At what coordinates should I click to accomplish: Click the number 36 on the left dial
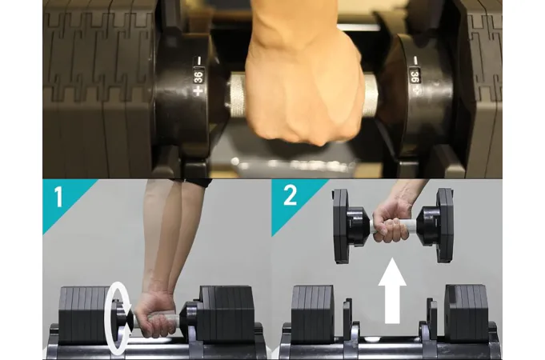198,76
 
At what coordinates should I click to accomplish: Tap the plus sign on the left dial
198,91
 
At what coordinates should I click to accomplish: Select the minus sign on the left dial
198,61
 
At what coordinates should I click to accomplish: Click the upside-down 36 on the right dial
415,76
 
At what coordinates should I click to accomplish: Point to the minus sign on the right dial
415,61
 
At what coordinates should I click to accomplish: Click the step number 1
58,197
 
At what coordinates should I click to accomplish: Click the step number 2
291,195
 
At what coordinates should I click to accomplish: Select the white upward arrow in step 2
392,290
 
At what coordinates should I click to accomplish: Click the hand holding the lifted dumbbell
392,223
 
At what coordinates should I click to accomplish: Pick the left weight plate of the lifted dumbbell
341,225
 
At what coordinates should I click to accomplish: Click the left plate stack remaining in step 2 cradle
312,314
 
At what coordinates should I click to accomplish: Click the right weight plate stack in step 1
226,314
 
